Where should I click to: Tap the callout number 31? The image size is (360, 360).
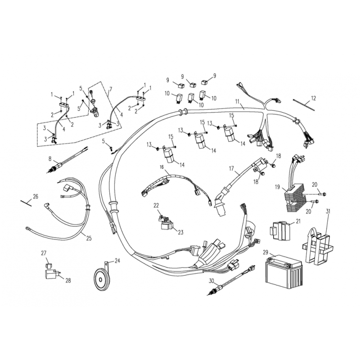328,211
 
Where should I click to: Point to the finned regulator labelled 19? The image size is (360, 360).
295,197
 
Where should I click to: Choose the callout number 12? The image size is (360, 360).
314,98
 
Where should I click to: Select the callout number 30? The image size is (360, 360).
211,280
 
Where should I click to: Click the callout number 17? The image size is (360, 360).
231,169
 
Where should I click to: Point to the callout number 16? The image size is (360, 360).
161,166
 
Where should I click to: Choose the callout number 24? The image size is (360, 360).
117,260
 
